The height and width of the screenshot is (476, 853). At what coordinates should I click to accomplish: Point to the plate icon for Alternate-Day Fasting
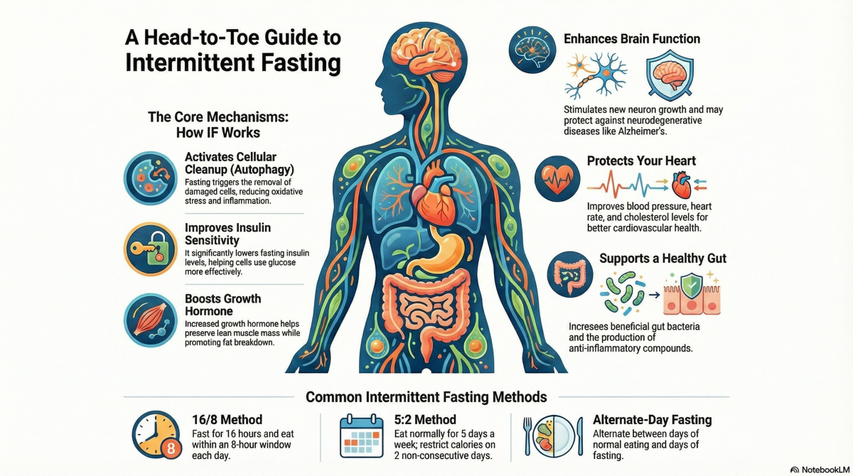tap(552, 436)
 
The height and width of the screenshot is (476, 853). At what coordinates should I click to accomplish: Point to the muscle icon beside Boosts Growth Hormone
tap(149, 318)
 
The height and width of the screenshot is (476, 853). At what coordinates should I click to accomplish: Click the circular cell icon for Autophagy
tap(149, 178)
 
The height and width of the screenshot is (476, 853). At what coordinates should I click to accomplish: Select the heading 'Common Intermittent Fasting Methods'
tap(426, 396)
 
